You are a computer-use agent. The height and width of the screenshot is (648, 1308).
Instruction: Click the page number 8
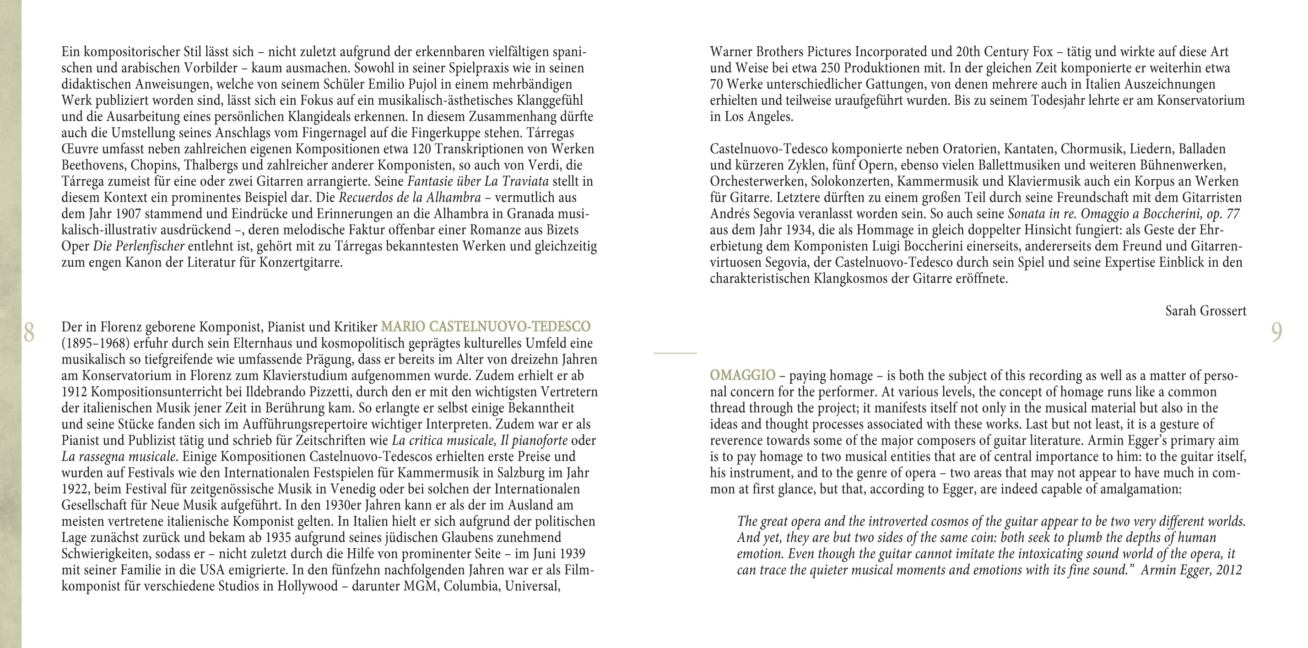point(28,333)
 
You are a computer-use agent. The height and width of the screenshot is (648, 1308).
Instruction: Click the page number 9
point(1276,333)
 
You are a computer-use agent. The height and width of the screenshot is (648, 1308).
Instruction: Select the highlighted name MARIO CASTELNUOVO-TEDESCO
point(486,327)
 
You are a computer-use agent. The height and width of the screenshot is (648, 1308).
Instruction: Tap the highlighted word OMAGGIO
point(742,375)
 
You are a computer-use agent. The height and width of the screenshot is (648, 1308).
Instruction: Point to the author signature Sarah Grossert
point(1205,311)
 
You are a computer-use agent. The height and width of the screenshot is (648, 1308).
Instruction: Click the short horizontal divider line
point(676,353)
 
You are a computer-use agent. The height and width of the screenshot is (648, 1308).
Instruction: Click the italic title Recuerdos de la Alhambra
point(409,198)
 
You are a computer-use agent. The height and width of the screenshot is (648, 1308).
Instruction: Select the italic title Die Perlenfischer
point(139,246)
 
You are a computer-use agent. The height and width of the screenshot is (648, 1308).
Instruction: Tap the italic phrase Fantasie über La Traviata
point(478,181)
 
